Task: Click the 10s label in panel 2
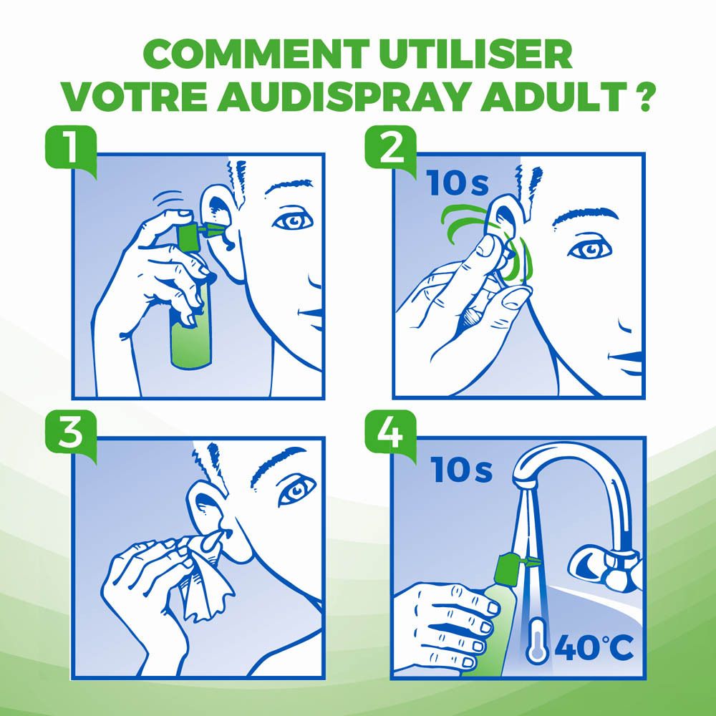click(x=458, y=183)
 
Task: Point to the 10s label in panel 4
click(x=462, y=470)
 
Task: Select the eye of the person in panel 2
click(x=589, y=249)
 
